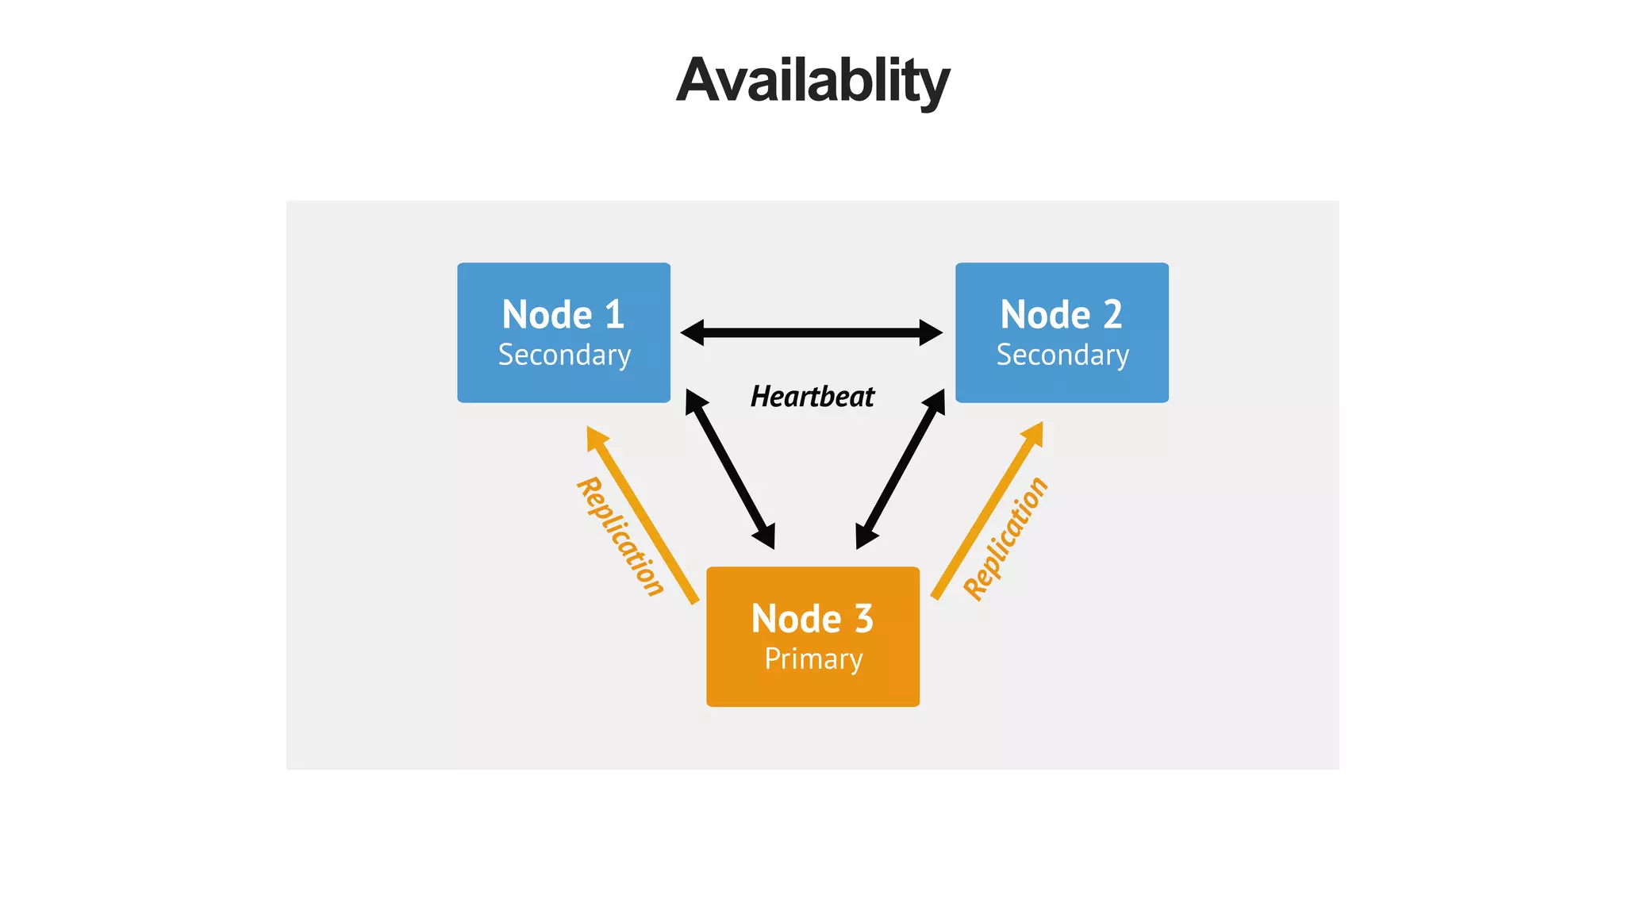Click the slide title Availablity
pos(812,81)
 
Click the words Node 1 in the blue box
pos(563,315)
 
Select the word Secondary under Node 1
pos(564,355)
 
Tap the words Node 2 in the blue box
pos(1061,315)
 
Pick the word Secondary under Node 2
pos(1062,355)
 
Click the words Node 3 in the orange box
pos(812,619)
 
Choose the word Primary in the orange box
pos(813,659)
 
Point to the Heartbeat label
pos(812,397)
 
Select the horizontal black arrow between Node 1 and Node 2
pos(812,332)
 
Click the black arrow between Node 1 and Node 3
pos(730,469)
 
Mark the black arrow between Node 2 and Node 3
pos(901,469)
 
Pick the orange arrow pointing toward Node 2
pos(984,516)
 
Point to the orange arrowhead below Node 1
pos(596,437)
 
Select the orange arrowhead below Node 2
pos(1033,433)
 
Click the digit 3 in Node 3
pos(864,619)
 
